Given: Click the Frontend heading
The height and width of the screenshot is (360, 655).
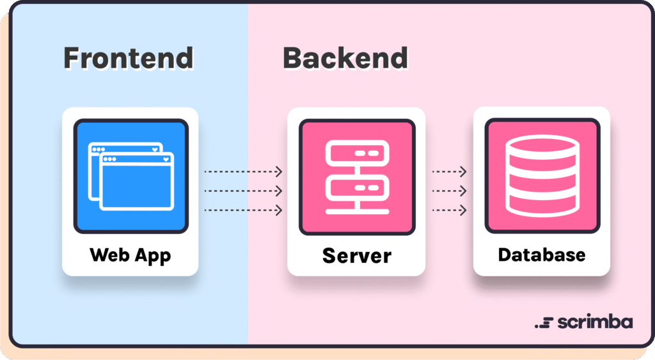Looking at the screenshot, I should [x=128, y=58].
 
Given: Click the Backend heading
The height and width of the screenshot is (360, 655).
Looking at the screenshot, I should [x=345, y=58].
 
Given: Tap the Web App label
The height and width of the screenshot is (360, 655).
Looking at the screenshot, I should [x=130, y=255].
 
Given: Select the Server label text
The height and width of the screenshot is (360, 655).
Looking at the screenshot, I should [x=356, y=256].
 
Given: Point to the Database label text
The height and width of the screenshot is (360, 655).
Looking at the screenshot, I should [x=541, y=254].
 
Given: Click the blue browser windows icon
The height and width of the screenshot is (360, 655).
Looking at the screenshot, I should [x=130, y=176].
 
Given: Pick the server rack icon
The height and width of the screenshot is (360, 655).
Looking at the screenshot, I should [x=357, y=176].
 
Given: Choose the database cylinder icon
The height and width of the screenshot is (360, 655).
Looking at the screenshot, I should [x=542, y=176].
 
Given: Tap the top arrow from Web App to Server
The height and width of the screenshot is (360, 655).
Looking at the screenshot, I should [x=243, y=171].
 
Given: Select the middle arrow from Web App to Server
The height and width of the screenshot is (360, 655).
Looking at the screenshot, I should [x=243, y=191].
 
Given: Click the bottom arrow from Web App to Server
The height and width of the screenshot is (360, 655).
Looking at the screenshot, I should [x=243, y=210].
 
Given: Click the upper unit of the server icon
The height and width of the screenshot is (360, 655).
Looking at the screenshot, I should [x=357, y=154].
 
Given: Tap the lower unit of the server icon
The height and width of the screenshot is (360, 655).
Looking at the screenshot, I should [x=357, y=188].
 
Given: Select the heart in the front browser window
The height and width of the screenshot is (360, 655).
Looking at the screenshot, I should [x=165, y=159].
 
